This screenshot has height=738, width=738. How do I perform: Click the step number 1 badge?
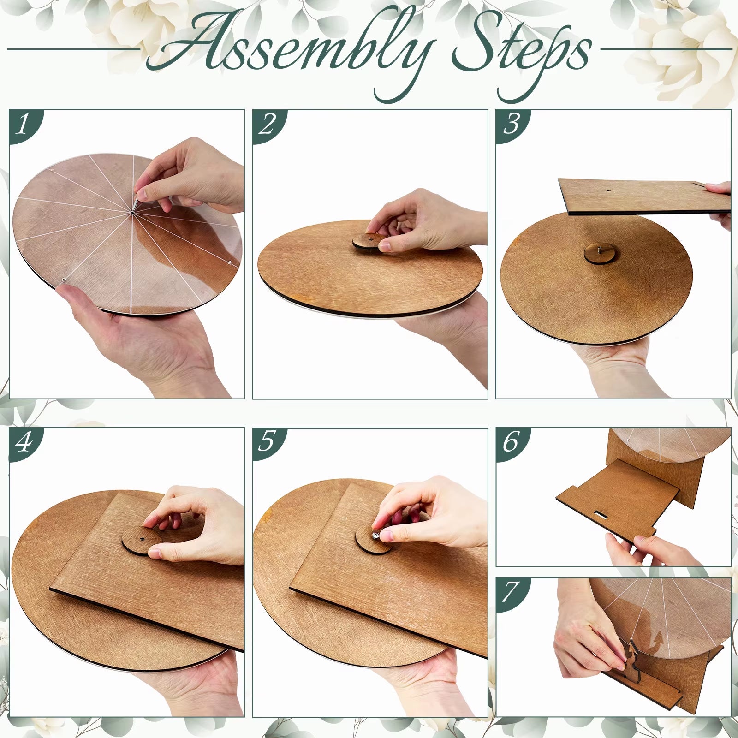23,125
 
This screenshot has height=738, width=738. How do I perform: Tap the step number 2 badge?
267,125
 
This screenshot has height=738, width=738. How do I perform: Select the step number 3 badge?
511,125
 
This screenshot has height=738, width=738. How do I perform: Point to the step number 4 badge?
23,443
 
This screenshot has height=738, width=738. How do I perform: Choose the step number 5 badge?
267,443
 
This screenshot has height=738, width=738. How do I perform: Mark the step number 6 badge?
511,443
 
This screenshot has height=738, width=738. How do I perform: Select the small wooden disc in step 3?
599,254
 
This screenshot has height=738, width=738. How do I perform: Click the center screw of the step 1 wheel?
132,212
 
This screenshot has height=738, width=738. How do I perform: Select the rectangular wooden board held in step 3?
645,196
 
